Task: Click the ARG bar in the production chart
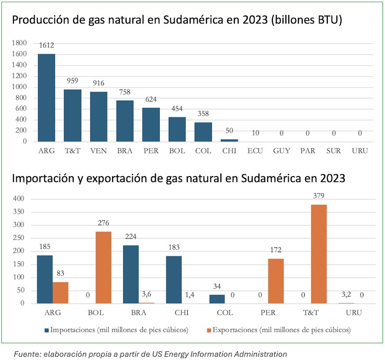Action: [x=46, y=98]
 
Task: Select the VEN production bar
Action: [x=99, y=117]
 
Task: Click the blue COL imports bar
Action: [x=217, y=299]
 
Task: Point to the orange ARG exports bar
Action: [x=60, y=293]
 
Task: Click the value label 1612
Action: [x=47, y=45]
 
